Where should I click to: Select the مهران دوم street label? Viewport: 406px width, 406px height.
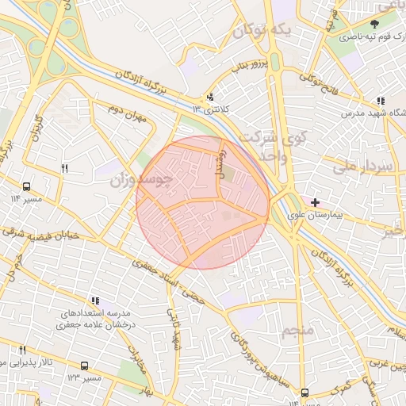130,119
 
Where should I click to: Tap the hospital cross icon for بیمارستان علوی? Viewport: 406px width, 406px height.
316,203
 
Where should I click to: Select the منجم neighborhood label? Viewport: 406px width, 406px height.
298,328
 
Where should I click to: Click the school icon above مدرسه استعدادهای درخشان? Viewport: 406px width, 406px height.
96,301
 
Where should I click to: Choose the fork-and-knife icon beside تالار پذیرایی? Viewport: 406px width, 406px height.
22,350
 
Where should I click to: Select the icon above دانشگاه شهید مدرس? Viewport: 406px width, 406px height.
381,101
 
